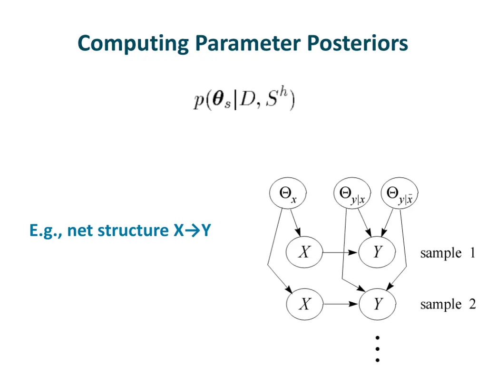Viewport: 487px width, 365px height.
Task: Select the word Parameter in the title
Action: point(247,44)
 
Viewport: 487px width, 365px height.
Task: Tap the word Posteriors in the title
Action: point(357,44)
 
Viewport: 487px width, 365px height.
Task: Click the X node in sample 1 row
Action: point(304,252)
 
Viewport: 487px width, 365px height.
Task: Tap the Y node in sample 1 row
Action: point(377,252)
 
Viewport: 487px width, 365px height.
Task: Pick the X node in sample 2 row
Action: point(304,304)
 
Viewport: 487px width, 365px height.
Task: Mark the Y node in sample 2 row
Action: point(378,304)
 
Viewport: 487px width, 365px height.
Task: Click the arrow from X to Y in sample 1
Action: point(341,252)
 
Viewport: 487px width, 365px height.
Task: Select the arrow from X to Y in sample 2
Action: point(341,304)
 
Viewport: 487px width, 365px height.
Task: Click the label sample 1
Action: point(448,253)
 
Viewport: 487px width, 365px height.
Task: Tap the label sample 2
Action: point(448,304)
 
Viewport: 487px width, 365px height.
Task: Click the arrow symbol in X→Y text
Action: point(192,231)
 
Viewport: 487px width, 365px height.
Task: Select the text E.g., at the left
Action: point(46,231)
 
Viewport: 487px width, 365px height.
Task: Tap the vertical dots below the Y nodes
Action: point(377,349)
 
